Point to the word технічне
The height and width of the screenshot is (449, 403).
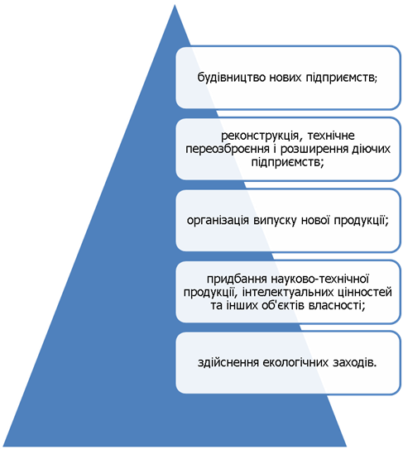[331, 135]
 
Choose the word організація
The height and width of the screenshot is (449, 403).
[218, 221]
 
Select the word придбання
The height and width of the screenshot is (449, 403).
[237, 279]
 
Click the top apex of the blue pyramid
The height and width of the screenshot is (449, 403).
[175, 5]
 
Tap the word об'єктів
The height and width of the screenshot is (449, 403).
[284, 306]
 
